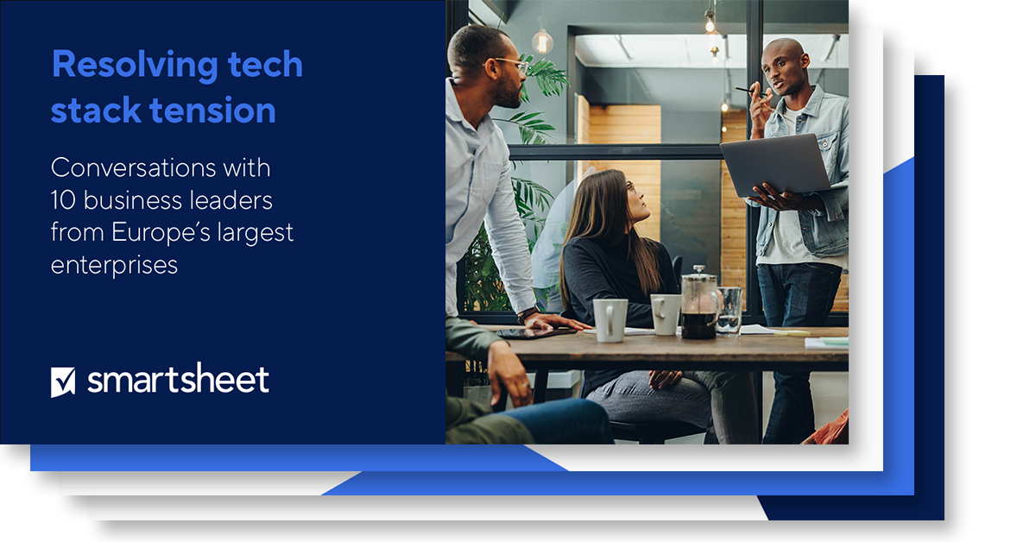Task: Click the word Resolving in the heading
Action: [120, 66]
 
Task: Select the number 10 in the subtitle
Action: [63, 201]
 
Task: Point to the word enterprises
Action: [114, 264]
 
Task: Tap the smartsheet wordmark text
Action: [178, 380]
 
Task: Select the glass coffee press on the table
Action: [698, 306]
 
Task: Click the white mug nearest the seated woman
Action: [610, 319]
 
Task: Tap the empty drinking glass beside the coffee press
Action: [730, 310]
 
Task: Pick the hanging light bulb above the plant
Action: [542, 40]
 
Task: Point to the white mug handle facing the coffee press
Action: [677, 312]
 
